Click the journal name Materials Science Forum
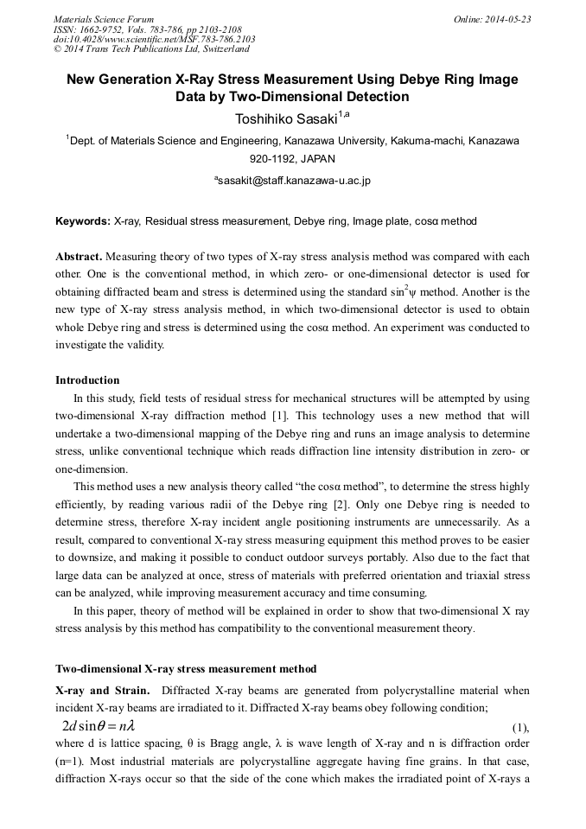tap(104, 19)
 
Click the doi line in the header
tap(154, 39)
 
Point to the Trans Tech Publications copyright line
tap(151, 49)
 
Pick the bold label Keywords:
tap(83, 221)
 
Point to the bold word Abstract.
tap(79, 258)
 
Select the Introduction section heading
tap(87, 380)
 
